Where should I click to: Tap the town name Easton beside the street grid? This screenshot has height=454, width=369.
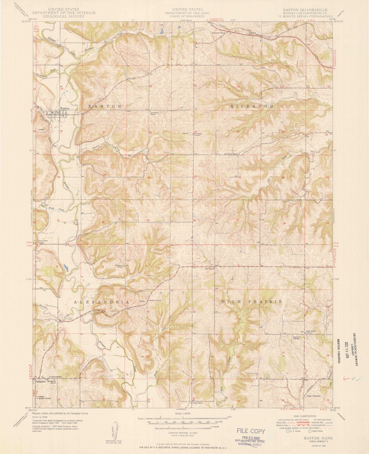pyautogui.click(x=64, y=108)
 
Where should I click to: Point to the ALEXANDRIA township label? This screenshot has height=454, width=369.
pyautogui.click(x=102, y=302)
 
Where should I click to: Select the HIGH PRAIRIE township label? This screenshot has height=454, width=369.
pyautogui.click(x=251, y=302)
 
